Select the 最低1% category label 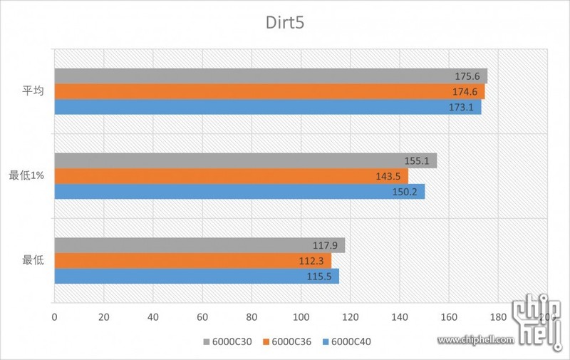coord(27,175)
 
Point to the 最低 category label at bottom coord(33,260)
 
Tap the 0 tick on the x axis coord(54,317)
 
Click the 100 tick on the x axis coord(301,317)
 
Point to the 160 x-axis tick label coord(449,317)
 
